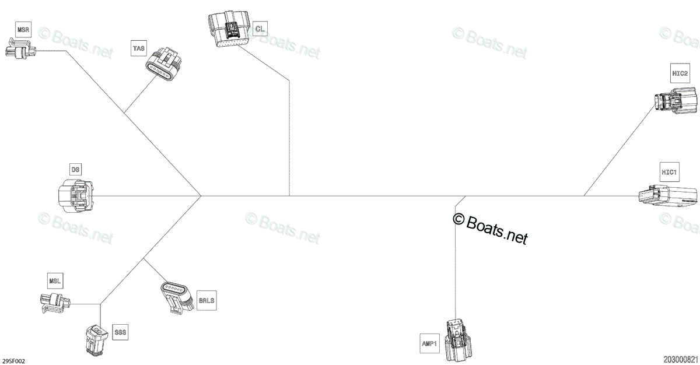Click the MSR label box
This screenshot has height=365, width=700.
coord(23,30)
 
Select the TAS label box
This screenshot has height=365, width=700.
coord(139,48)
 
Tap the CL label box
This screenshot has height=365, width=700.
coord(260,29)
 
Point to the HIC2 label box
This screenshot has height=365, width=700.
coord(680,73)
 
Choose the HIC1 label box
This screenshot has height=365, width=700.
coord(670,172)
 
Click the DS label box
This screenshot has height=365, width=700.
coord(75,170)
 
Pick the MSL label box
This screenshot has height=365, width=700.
coord(55,281)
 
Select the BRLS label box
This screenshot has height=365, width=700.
coord(206,301)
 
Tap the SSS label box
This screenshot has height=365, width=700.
coord(120,332)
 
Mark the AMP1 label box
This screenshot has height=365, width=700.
coord(429,343)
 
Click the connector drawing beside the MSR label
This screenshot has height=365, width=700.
coord(20,49)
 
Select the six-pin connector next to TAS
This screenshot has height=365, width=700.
coord(164,64)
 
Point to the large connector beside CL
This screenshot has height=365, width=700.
coord(229,29)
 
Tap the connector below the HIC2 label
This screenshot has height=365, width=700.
coord(675,100)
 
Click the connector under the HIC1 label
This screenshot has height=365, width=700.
coord(667,197)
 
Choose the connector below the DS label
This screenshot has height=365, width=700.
coord(76,196)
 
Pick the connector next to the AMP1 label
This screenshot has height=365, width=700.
coord(459,341)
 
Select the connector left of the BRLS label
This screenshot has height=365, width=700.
coord(177,297)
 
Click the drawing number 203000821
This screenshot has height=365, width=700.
coord(681,360)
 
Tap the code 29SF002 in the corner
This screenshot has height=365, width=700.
coord(13,362)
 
